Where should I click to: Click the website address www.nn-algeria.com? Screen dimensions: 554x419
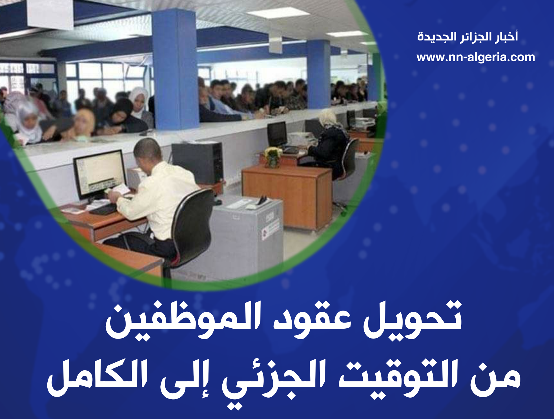(x=476, y=57)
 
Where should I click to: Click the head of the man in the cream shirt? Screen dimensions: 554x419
(x=148, y=152)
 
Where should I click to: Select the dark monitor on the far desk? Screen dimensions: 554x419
(x=277, y=134)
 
